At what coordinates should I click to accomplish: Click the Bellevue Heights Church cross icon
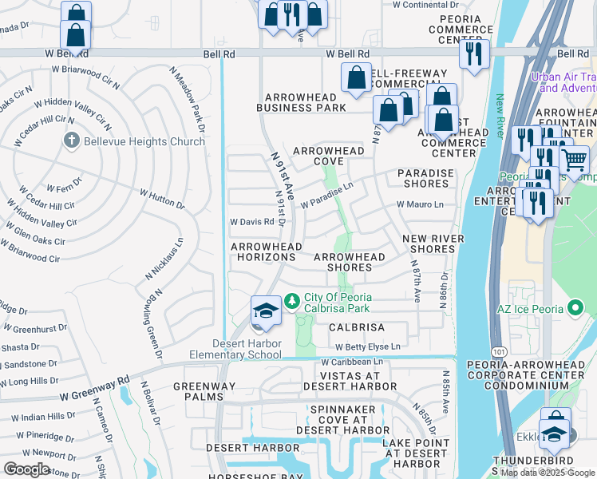tap(71, 141)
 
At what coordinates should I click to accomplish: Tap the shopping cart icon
tap(574, 160)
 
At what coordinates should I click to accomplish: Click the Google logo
tap(26, 469)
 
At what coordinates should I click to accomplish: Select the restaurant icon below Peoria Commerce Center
tap(475, 53)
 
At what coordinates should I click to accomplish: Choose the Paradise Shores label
tap(425, 178)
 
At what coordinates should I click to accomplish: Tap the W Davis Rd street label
tap(251, 221)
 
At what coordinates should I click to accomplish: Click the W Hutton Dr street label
tap(162, 199)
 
